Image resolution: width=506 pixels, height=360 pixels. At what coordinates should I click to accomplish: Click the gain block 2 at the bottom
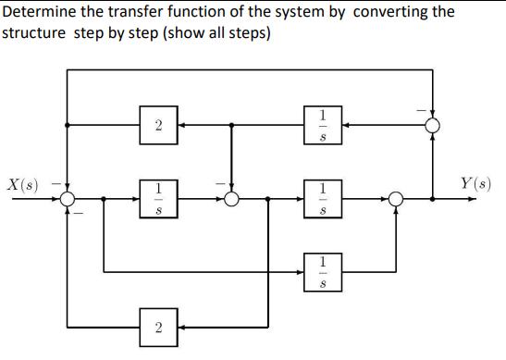159,327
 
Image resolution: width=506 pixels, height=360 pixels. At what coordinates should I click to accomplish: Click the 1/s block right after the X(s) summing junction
159,197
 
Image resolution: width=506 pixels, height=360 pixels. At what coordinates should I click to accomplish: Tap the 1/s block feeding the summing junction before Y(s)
322,197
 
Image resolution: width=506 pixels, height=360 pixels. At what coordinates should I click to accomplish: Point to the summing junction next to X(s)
68,197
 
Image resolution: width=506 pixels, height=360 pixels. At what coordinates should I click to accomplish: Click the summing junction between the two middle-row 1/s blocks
231,197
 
